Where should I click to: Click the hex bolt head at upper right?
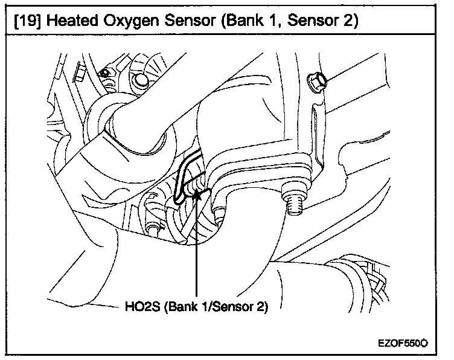coord(316,82)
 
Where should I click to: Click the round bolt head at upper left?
coord(142,80)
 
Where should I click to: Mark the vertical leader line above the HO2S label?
coord(197,254)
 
